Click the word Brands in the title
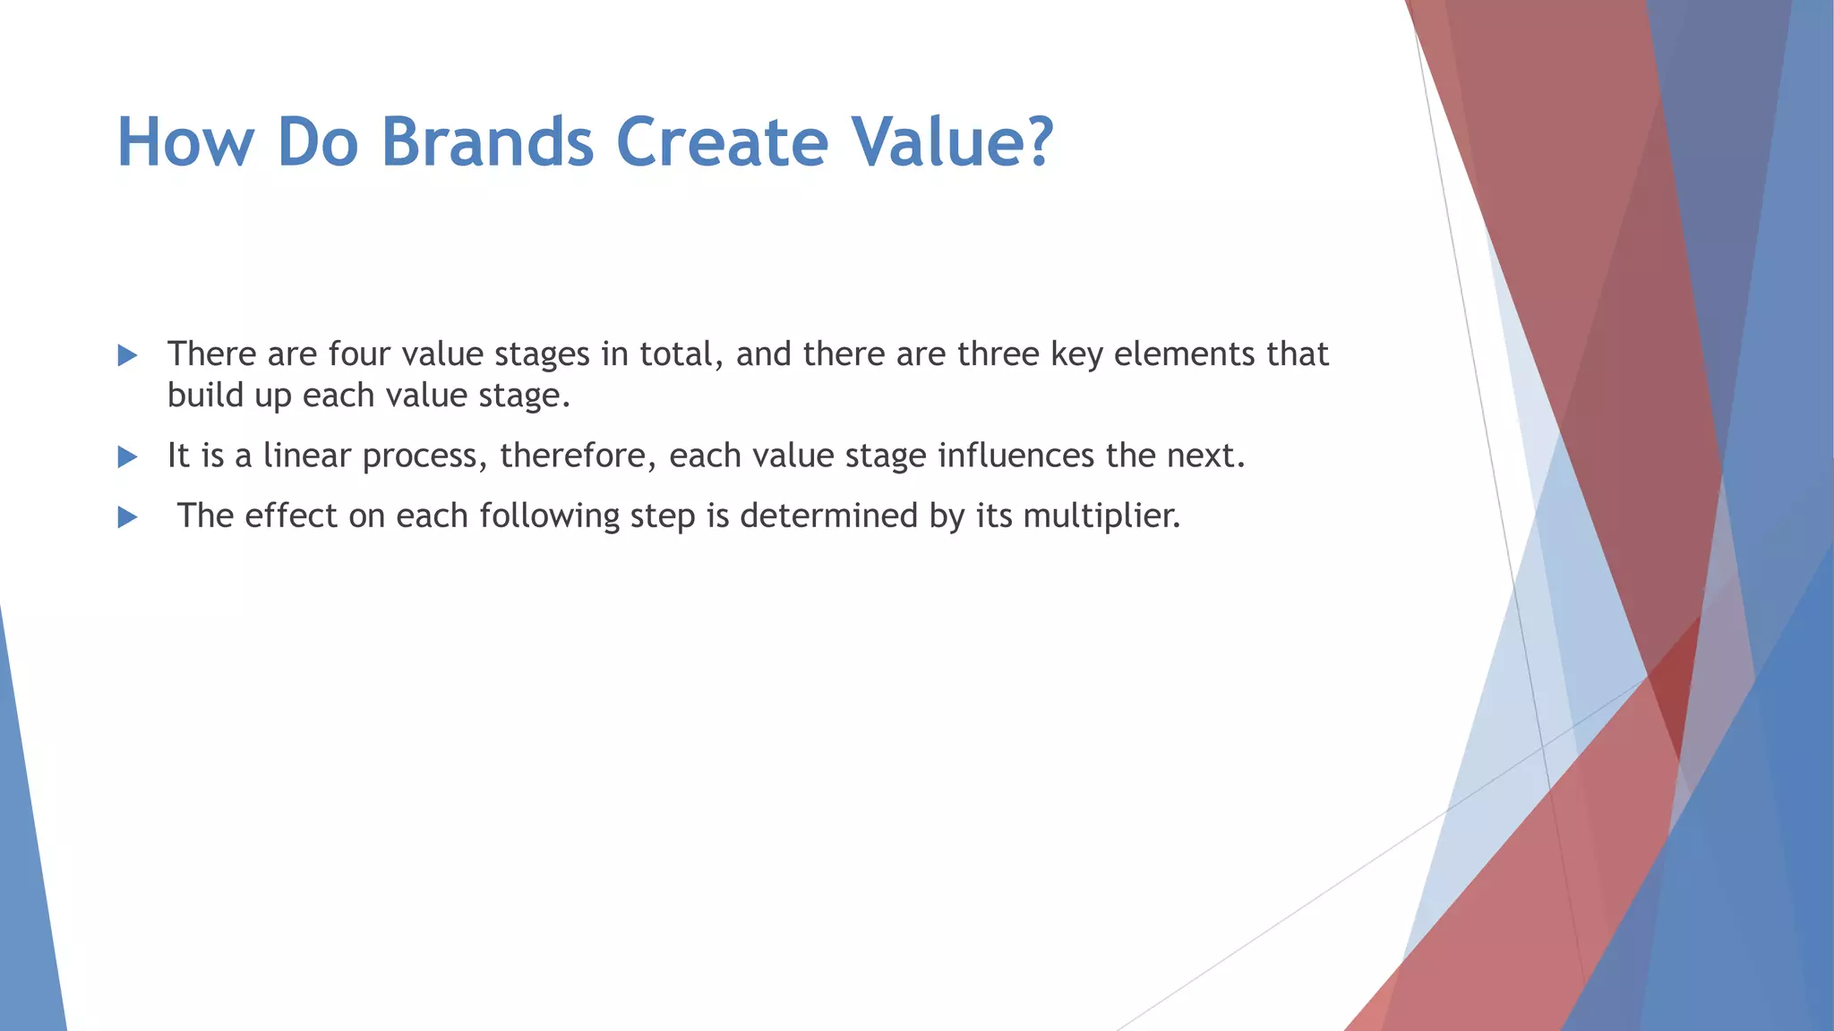(x=487, y=143)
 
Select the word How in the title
(x=185, y=143)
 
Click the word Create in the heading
(x=722, y=143)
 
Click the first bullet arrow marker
(x=127, y=356)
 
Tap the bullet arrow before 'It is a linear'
(x=127, y=457)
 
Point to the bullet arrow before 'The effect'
(x=127, y=517)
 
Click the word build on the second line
(x=205, y=396)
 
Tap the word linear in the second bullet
(x=306, y=456)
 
